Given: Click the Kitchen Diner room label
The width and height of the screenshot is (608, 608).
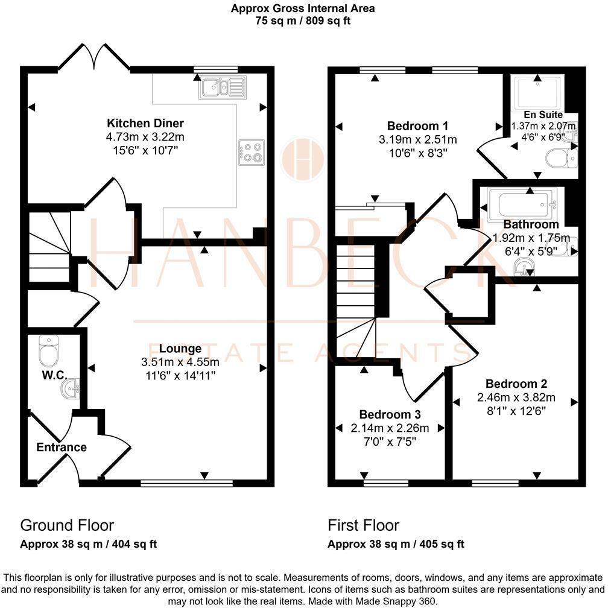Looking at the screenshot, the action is [145, 123].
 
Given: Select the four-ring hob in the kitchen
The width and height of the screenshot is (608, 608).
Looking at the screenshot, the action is [252, 153].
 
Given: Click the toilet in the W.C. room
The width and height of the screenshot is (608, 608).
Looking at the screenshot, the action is [48, 351].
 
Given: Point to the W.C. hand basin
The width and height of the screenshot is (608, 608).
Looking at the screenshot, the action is [71, 388].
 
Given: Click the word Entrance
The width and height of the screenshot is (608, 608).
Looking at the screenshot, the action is [62, 447].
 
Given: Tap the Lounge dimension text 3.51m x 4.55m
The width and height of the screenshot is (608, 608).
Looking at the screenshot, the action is [180, 362].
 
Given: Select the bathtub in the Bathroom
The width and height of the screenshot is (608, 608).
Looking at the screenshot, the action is [522, 204].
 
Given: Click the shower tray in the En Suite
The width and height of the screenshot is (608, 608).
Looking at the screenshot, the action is [537, 93].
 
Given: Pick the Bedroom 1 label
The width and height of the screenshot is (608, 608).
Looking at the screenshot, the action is [417, 126].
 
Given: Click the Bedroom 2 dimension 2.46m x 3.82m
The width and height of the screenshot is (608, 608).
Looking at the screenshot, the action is [516, 397].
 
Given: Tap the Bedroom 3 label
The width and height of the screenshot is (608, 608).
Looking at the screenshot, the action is [390, 414].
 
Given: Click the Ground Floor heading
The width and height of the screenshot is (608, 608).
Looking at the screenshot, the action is [67, 525].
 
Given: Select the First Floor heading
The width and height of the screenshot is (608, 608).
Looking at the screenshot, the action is [363, 525].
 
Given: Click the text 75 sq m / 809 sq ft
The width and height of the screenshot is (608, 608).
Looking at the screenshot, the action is [303, 21].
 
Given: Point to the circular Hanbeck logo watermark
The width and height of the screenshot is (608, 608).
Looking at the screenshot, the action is [303, 159].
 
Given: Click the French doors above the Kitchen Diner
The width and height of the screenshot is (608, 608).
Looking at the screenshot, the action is [93, 58].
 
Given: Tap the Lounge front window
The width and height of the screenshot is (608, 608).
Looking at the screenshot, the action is [186, 483].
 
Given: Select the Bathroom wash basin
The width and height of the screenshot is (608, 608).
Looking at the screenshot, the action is [524, 267].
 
